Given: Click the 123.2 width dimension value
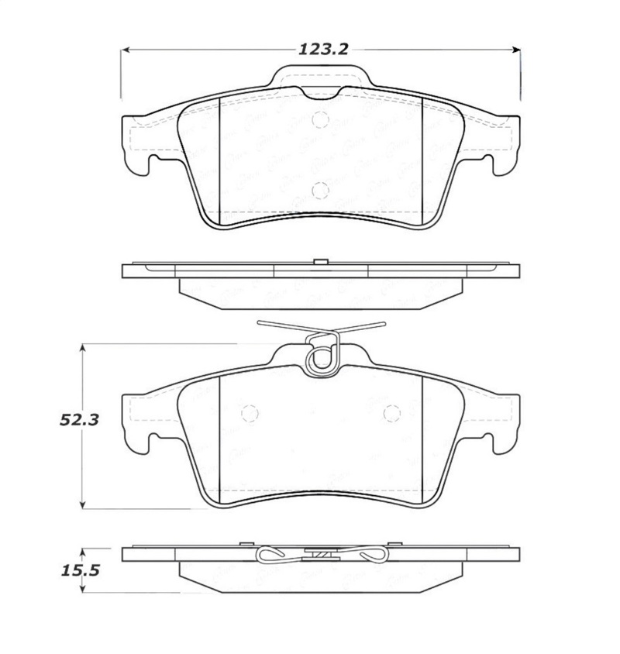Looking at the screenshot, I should pos(319,50).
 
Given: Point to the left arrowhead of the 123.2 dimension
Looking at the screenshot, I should pos(124,50).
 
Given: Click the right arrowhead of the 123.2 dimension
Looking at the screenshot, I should pos(516,50).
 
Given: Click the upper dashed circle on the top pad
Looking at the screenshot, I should pos(320,119).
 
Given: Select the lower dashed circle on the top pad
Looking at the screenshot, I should pos(320,190).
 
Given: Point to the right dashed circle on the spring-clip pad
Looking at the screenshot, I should pos(391,415).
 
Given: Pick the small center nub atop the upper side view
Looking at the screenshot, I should pos(318,261).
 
